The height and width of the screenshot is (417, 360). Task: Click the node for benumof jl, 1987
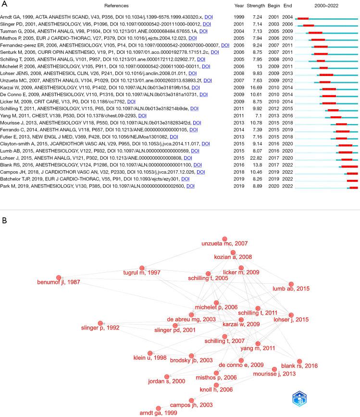(59, 278)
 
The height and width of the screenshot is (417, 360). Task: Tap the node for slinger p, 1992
(100, 324)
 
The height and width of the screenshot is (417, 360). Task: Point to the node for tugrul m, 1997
(142, 268)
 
